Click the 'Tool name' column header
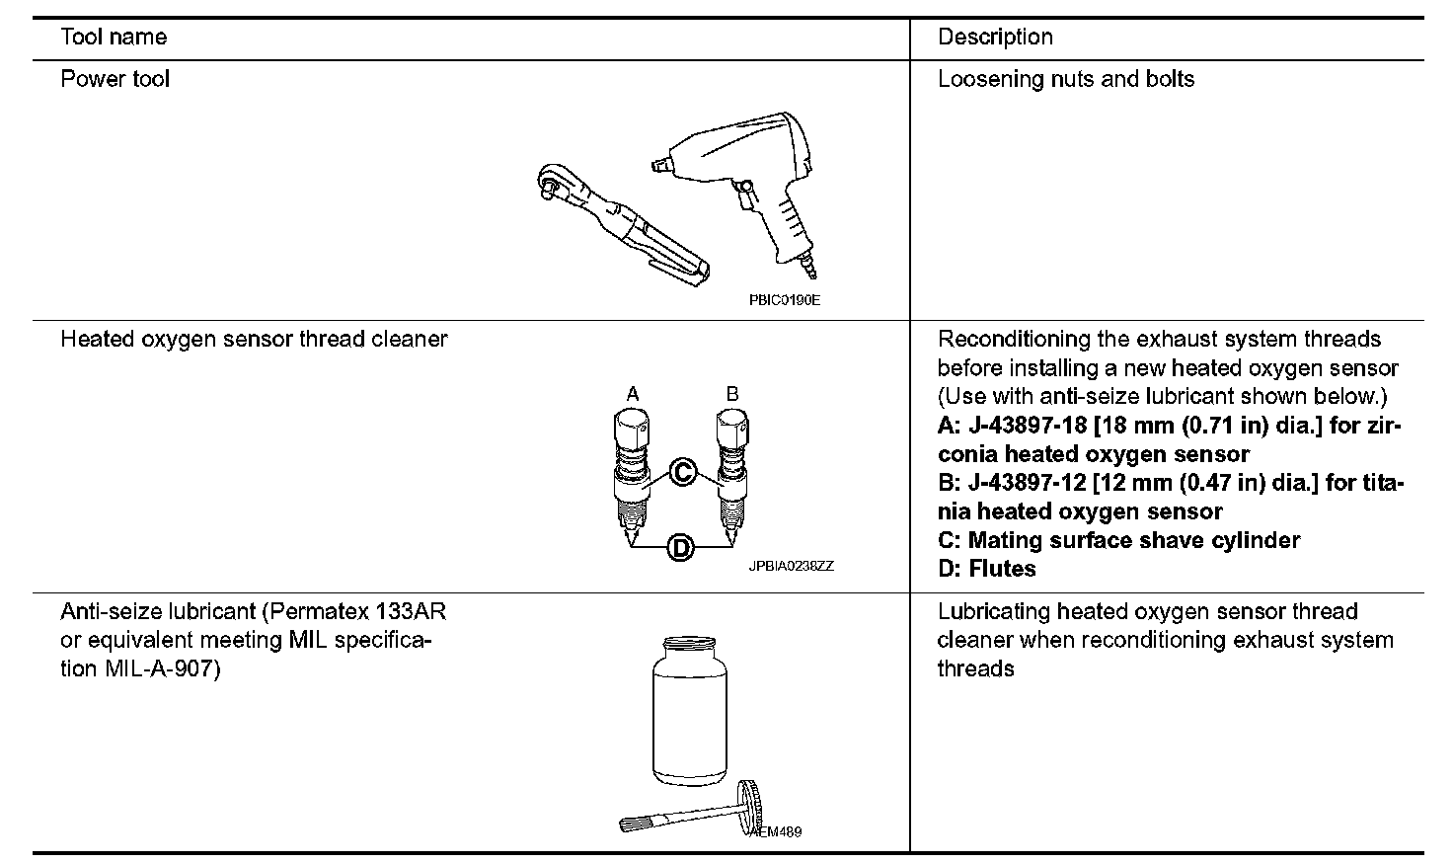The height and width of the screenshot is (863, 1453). pyautogui.click(x=114, y=38)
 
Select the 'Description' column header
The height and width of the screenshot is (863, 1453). pyautogui.click(x=995, y=38)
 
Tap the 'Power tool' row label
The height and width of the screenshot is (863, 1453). pyautogui.click(x=115, y=79)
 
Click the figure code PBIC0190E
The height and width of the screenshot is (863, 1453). pyautogui.click(x=785, y=300)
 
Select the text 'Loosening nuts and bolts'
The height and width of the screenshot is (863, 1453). pyautogui.click(x=1065, y=79)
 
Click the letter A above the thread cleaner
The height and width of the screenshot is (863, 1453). pyautogui.click(x=633, y=394)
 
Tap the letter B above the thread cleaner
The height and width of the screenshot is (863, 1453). pyautogui.click(x=732, y=394)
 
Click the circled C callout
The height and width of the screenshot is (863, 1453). pyautogui.click(x=681, y=472)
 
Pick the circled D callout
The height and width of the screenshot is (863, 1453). pyautogui.click(x=680, y=546)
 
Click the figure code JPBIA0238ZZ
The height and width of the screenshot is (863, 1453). pyautogui.click(x=791, y=567)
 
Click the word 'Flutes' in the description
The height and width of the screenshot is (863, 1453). pyautogui.click(x=1002, y=569)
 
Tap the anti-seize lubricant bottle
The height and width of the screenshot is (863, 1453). pyautogui.click(x=690, y=711)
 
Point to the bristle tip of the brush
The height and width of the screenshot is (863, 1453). pyautogui.click(x=633, y=823)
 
